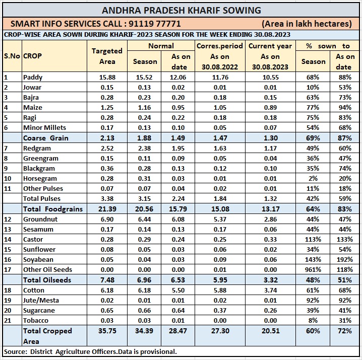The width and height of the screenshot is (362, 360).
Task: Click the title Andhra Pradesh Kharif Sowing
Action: pos(181,10)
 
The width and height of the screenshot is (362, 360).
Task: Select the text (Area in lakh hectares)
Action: pos(307,24)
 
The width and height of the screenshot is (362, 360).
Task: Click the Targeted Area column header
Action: pos(106,56)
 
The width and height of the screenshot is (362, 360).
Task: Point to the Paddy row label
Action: pos(33,78)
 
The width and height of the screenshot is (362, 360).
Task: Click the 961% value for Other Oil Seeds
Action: pos(313,270)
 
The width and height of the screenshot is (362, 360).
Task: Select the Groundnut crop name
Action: pos(40,220)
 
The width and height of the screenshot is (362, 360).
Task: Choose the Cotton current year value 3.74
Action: pos(270,291)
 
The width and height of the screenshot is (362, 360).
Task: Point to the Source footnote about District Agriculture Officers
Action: pos(90,351)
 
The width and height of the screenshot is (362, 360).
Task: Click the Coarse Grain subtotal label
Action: pos(45,138)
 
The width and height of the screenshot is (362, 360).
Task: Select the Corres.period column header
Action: pos(220,46)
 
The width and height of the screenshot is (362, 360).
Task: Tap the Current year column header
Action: pos(270,46)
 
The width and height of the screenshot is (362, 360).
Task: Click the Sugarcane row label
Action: pos(39,311)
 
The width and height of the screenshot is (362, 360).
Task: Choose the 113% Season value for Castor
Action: pos(313,240)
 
